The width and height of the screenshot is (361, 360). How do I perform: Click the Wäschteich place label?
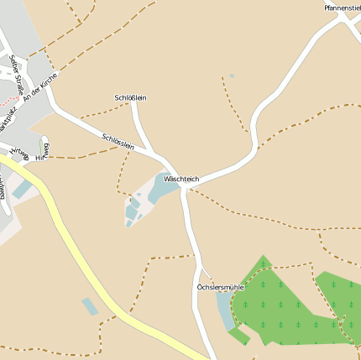pyautogui.click(x=181, y=179)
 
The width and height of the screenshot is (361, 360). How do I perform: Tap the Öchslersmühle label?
pyautogui.click(x=220, y=287)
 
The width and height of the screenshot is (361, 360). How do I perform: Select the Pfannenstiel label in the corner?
pyautogui.click(x=343, y=8)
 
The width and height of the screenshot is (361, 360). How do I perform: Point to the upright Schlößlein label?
pyautogui.click(x=130, y=98)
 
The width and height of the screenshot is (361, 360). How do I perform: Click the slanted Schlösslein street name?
pyautogui.click(x=118, y=142)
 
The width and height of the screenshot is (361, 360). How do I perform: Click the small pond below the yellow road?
pyautogui.click(x=90, y=306)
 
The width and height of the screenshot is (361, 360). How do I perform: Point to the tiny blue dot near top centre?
pyautogui.click(x=232, y=76)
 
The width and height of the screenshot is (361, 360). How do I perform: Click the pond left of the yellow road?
pyautogui.click(x=20, y=189)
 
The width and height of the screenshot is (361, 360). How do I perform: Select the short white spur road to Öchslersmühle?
pyautogui.click(x=204, y=273)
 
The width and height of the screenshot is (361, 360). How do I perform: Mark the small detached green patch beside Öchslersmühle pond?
pyautogui.click(x=238, y=336)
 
